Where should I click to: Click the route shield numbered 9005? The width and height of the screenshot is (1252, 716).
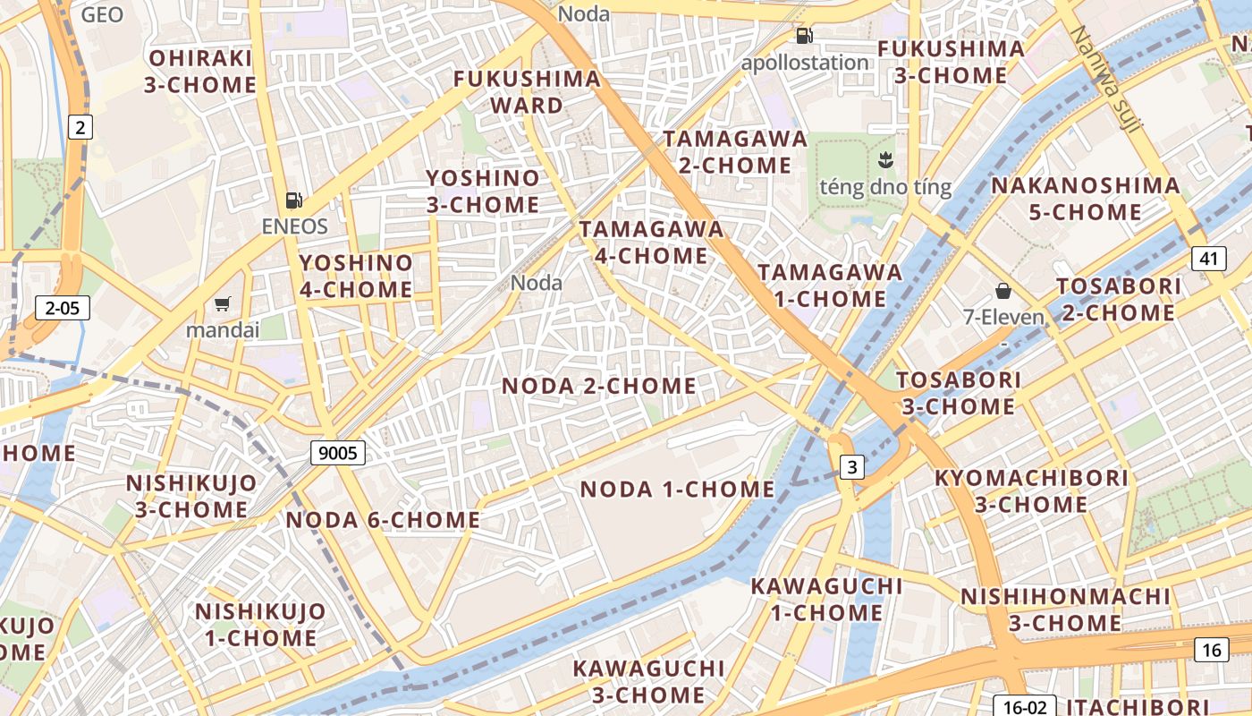pos(338,453)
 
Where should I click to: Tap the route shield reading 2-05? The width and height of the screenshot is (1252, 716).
pos(63,309)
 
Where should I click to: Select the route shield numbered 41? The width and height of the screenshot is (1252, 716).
pos(1209,260)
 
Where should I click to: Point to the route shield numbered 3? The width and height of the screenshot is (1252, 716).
pos(852,466)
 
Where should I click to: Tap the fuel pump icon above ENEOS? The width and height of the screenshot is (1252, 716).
pos(293,200)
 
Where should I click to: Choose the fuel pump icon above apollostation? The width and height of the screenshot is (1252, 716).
pos(804,36)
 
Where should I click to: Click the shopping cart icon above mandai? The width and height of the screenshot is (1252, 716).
pos(222,304)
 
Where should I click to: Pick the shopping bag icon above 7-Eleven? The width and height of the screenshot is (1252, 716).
pos(1003,291)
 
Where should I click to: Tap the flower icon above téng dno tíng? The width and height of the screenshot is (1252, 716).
pos(885,161)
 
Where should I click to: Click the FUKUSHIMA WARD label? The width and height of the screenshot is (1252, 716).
pos(527,92)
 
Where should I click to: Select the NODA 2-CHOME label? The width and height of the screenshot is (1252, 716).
pos(598,386)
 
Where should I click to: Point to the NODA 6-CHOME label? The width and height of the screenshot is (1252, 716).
pos(383,520)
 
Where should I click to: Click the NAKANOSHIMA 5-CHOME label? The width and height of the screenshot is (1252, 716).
pos(1085,199)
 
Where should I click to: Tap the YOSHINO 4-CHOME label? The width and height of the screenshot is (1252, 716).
pos(356,276)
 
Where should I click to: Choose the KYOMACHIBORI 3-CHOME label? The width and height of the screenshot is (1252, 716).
pos(1031,490)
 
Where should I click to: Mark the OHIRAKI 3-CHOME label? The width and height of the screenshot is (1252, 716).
pos(201,72)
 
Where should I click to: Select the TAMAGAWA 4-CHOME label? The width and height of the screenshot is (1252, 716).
pos(651,242)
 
